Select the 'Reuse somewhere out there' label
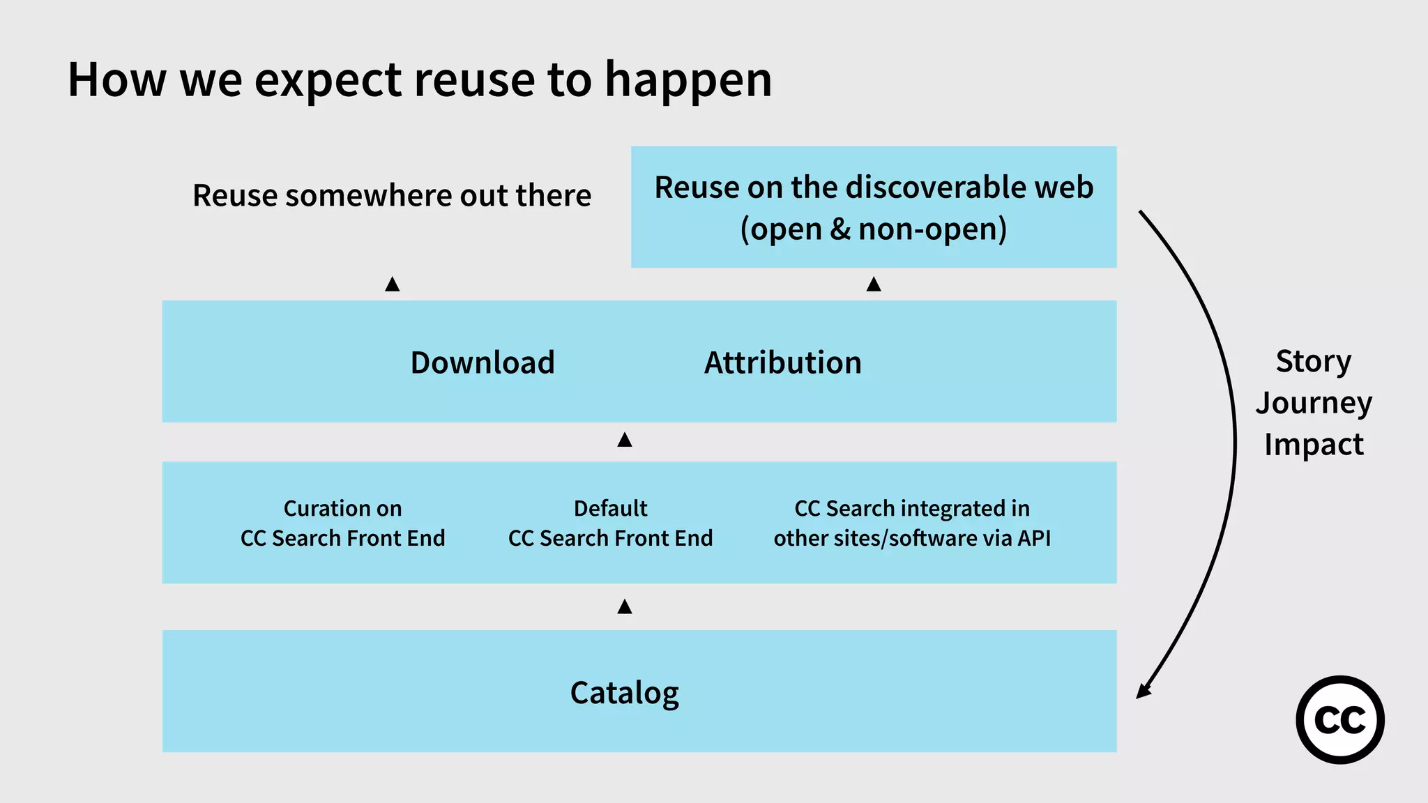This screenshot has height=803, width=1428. [392, 195]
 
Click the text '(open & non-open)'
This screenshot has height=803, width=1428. [873, 229]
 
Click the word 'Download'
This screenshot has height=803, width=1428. [483, 362]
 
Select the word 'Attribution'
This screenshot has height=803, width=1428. [782, 362]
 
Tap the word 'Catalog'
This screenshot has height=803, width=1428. [624, 693]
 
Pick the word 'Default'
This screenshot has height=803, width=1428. [610, 508]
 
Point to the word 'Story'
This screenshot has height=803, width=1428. [1313, 361]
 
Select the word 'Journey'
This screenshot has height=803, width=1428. [1313, 403]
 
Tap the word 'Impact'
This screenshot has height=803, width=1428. [1313, 445]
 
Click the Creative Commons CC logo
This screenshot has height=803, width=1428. [1339, 719]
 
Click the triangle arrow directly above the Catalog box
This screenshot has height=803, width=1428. [625, 607]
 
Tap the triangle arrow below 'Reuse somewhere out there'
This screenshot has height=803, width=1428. [393, 284]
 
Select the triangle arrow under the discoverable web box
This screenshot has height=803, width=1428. [874, 284]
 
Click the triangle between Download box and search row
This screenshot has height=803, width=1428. [625, 440]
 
